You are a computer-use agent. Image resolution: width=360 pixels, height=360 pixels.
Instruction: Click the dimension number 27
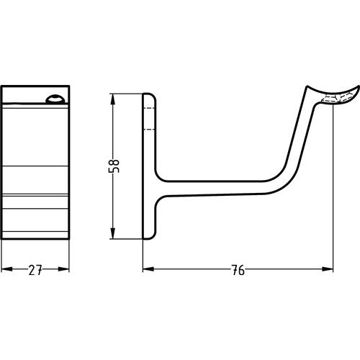(x=35, y=270)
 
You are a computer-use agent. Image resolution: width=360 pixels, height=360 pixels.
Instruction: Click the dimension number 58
(x=114, y=166)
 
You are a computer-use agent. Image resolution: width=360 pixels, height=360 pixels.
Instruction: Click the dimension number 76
(x=238, y=270)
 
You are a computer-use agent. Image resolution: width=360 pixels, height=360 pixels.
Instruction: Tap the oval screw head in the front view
(x=55, y=99)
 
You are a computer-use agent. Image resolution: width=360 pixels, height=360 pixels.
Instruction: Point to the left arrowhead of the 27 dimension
(x=6, y=269)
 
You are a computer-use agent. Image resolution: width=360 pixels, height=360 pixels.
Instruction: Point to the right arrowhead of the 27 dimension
(x=64, y=269)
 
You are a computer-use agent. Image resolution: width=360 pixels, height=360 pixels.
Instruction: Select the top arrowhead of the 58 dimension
(x=112, y=99)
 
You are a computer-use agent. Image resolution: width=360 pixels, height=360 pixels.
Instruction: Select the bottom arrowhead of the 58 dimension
(x=112, y=233)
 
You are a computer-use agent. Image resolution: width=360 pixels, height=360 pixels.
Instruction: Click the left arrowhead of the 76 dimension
(x=148, y=269)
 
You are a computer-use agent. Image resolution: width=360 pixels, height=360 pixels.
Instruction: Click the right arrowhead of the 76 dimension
(x=328, y=269)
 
